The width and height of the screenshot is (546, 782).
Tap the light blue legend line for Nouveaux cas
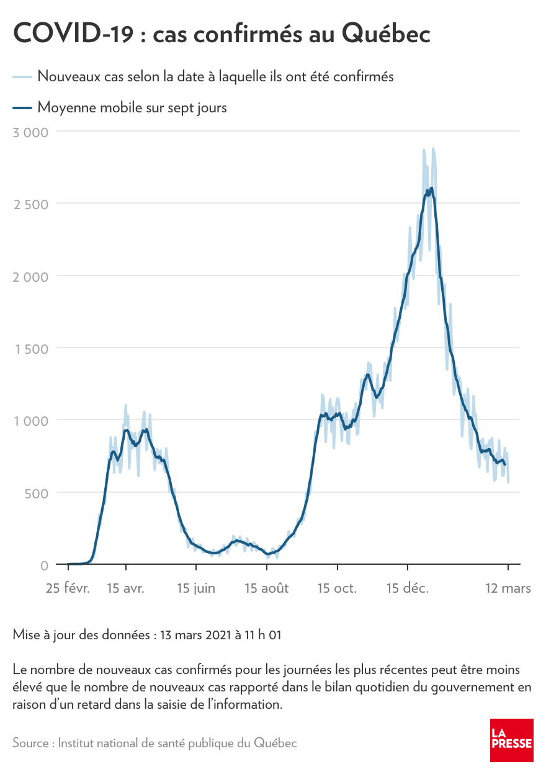click(x=22, y=77)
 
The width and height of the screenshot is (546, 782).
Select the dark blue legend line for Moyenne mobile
click(x=22, y=108)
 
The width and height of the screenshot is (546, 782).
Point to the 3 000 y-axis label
click(x=30, y=132)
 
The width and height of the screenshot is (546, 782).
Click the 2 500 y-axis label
click(x=30, y=204)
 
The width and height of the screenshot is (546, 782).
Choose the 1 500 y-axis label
click(x=31, y=348)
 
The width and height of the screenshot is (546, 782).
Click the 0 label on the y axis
click(x=43, y=565)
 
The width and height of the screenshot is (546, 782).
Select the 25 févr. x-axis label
click(x=68, y=588)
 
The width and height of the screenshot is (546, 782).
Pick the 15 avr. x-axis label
click(x=125, y=588)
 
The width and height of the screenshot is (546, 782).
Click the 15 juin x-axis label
click(x=196, y=588)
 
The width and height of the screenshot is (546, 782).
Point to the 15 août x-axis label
click(x=266, y=588)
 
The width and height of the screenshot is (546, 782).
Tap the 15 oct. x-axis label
click(x=337, y=588)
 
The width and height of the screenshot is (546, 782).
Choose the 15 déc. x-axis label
click(x=408, y=588)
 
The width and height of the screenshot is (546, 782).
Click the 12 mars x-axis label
click(x=508, y=588)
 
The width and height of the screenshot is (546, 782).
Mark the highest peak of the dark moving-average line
click(x=431, y=188)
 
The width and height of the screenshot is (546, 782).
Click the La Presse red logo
click(x=512, y=740)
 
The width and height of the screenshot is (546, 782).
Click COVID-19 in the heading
click(x=73, y=35)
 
